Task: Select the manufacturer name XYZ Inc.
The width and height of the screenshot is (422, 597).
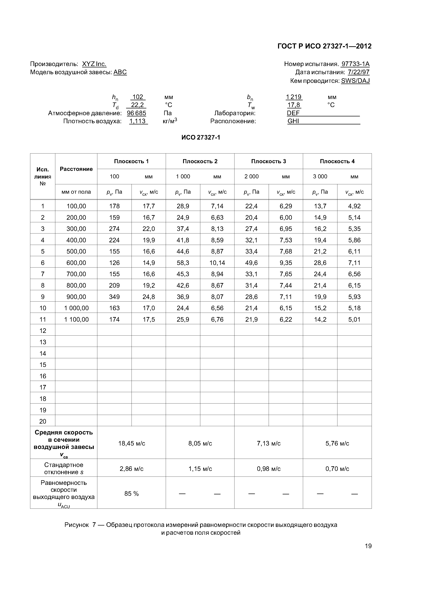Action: click(94, 64)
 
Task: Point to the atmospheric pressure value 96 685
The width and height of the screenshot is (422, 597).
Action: click(136, 113)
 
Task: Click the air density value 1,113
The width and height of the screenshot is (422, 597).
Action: click(138, 121)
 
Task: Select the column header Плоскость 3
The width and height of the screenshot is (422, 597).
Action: click(268, 161)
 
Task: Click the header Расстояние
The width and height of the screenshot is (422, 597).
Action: click(76, 169)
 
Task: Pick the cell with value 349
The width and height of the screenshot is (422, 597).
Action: click(114, 297)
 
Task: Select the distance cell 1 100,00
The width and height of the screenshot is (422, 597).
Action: click(76, 319)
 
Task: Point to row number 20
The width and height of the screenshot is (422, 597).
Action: click(43, 422)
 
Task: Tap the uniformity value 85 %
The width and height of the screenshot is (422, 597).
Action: click(132, 494)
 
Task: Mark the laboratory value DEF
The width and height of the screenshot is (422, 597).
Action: click(293, 113)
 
